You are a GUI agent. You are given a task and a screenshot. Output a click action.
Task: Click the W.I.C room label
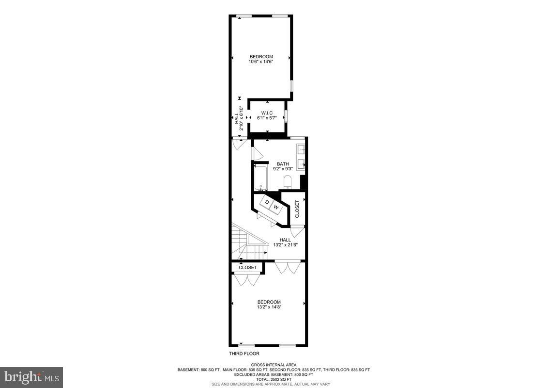(267, 113)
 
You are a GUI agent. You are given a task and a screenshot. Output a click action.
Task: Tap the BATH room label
(283, 163)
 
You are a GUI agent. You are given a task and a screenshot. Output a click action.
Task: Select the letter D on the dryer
(267, 202)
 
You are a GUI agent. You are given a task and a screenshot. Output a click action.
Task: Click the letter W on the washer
(276, 207)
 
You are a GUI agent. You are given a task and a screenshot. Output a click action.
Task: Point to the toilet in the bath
(287, 182)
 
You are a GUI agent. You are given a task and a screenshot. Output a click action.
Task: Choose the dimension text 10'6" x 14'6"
(261, 62)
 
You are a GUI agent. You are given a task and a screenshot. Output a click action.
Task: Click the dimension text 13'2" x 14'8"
(269, 307)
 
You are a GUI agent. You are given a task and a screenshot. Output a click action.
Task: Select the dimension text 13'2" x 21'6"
(285, 245)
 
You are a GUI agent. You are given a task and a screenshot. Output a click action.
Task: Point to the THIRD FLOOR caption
(244, 354)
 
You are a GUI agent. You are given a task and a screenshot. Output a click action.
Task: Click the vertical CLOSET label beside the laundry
(297, 209)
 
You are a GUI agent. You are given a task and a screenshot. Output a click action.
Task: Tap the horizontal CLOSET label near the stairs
(248, 267)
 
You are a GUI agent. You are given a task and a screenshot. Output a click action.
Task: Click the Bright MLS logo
(31, 377)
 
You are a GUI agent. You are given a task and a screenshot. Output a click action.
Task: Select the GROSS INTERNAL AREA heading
(274, 365)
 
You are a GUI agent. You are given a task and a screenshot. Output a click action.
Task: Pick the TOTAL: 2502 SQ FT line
(274, 379)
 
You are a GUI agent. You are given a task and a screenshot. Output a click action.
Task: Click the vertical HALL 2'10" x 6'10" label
(239, 119)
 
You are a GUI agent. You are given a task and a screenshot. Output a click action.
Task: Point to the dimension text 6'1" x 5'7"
(267, 118)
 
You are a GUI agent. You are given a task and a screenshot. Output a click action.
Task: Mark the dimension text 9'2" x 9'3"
(283, 169)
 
